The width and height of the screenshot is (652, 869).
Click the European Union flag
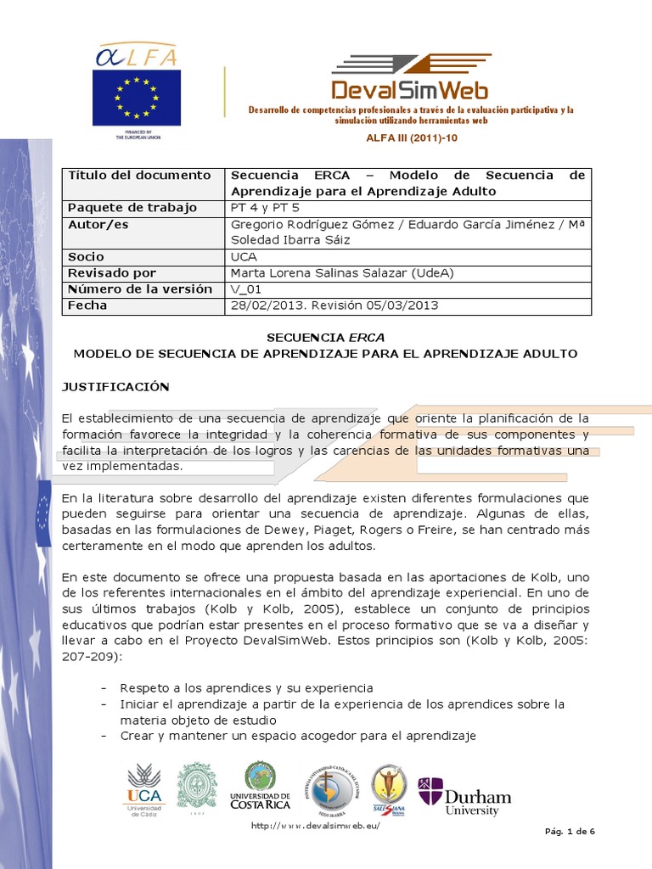click(136, 98)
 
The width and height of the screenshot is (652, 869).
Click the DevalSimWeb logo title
click(410, 89)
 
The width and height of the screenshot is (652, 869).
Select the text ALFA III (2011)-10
click(411, 137)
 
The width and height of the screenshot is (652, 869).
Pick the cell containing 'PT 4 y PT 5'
click(265, 208)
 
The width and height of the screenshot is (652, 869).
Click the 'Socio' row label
click(86, 256)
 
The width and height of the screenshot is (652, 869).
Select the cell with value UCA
click(244, 256)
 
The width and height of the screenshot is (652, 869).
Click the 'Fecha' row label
click(87, 306)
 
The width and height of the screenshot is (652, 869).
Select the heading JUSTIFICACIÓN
click(115, 387)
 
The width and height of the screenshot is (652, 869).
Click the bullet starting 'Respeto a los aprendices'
click(246, 687)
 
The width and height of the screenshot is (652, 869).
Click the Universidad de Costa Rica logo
click(260, 786)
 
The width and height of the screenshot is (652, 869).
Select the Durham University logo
click(464, 796)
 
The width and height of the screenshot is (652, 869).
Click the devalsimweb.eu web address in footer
click(315, 827)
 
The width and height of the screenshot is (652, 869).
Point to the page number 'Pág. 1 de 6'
click(569, 831)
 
